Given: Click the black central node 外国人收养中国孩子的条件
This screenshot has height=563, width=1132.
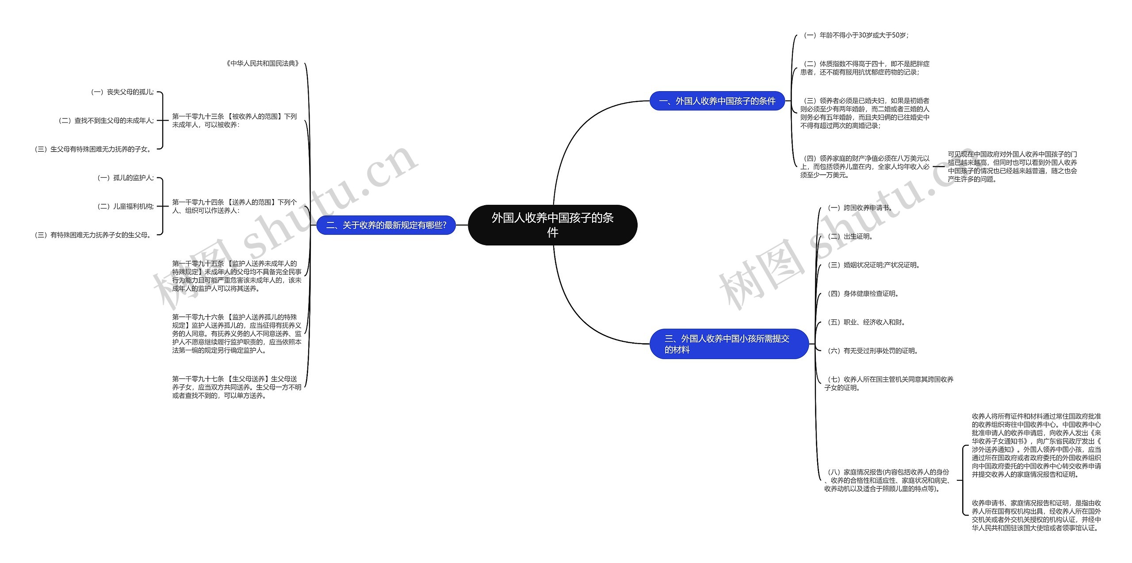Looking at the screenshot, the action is (x=552, y=225).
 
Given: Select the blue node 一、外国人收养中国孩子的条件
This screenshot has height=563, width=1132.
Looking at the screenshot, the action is (x=717, y=101).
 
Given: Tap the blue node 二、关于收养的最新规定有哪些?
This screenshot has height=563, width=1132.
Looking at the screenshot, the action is (x=386, y=225).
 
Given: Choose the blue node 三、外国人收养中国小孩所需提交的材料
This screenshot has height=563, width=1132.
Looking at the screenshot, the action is (x=729, y=344).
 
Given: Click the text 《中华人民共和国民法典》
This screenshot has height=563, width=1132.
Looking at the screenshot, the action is (x=263, y=64).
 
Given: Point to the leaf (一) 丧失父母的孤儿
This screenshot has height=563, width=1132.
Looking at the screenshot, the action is (x=122, y=92).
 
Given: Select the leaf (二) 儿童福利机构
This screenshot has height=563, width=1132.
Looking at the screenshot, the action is (x=125, y=206).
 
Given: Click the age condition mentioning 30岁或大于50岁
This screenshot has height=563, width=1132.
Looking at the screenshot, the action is (x=856, y=35).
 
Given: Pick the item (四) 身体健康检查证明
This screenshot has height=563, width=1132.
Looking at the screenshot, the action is (x=862, y=293).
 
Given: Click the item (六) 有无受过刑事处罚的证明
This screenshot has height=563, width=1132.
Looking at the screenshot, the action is (x=872, y=351).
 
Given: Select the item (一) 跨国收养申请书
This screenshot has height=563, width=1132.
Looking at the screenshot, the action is (x=859, y=207).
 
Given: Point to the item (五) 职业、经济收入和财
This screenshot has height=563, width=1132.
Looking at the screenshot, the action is (x=866, y=322).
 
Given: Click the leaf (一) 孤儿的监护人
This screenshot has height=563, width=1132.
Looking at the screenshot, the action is (x=125, y=178).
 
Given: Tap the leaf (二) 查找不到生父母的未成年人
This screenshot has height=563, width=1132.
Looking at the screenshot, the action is (x=106, y=120).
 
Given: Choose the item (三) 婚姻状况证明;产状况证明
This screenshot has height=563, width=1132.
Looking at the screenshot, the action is (x=873, y=265).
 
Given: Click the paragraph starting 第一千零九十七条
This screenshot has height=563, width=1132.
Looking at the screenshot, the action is (x=237, y=387).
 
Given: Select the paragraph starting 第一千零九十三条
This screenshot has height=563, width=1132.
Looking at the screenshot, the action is (x=234, y=120).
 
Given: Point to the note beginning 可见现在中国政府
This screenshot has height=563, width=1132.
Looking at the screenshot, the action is (x=1012, y=167).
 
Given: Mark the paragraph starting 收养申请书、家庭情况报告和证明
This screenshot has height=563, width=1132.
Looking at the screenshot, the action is (x=1036, y=515).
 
